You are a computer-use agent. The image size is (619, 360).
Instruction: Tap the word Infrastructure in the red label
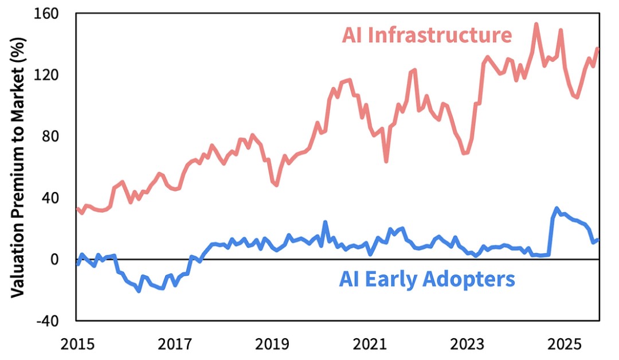(440, 36)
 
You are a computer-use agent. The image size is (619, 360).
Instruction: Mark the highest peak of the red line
(536, 24)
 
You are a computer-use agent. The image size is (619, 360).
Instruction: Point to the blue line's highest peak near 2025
(557, 209)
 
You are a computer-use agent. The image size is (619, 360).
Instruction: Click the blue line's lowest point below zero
(139, 291)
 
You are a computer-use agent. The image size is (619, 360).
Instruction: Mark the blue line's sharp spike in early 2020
(325, 222)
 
